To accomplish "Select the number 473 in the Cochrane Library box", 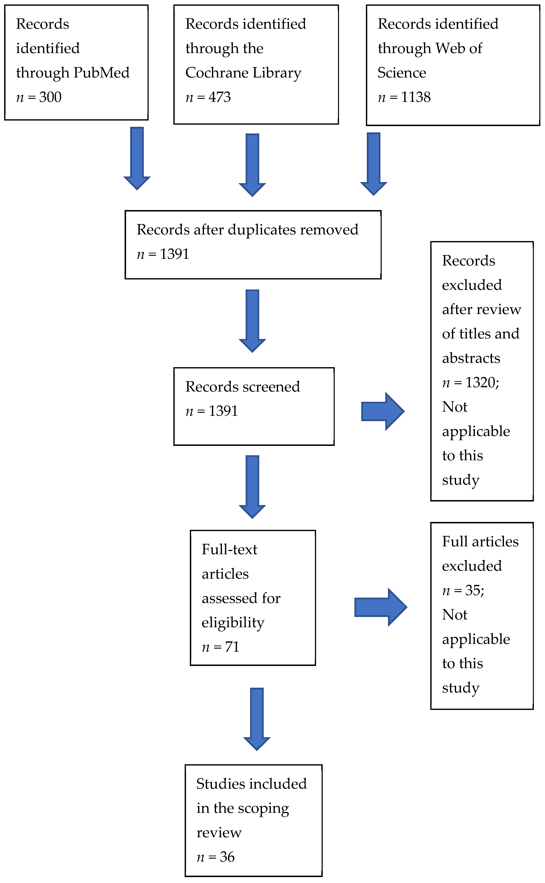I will pos(219,97).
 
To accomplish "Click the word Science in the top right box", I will pos(402,72).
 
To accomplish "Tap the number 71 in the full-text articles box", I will pos(232,647).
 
